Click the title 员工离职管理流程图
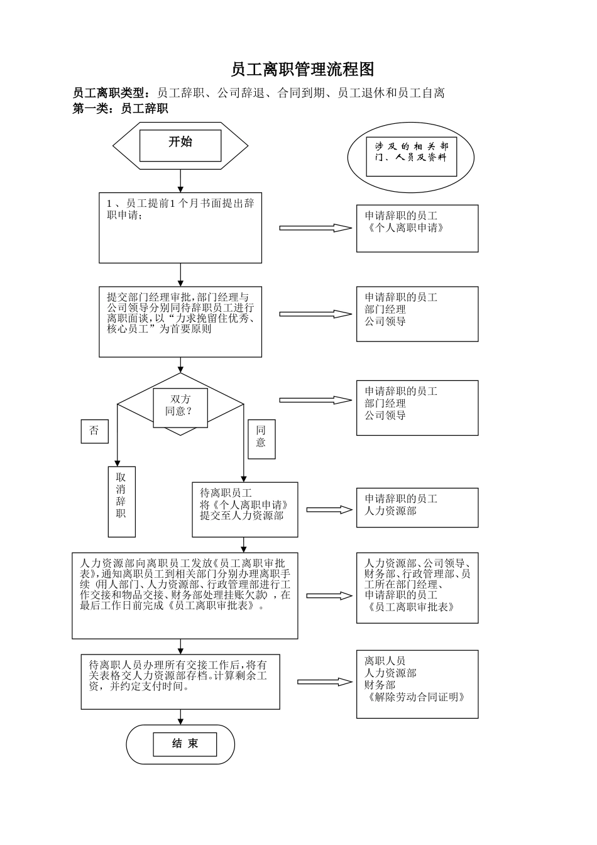(x=302, y=69)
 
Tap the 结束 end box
(x=185, y=744)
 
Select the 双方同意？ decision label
(x=180, y=406)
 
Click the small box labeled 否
(x=94, y=431)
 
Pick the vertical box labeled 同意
(x=261, y=438)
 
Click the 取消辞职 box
(x=121, y=501)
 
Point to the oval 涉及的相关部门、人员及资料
(x=411, y=157)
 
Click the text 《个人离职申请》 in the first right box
(x=406, y=228)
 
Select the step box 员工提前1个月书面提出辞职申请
(x=180, y=227)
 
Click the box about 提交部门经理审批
(x=180, y=321)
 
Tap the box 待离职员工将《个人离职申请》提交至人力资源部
(x=244, y=509)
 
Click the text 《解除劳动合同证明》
(x=415, y=697)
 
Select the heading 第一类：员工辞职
(x=121, y=109)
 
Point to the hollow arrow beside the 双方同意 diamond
(x=315, y=400)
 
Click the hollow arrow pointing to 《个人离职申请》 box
(x=315, y=228)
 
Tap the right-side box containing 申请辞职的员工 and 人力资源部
(x=417, y=507)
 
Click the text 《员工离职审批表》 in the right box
(x=410, y=607)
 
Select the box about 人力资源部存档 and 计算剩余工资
(x=180, y=682)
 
